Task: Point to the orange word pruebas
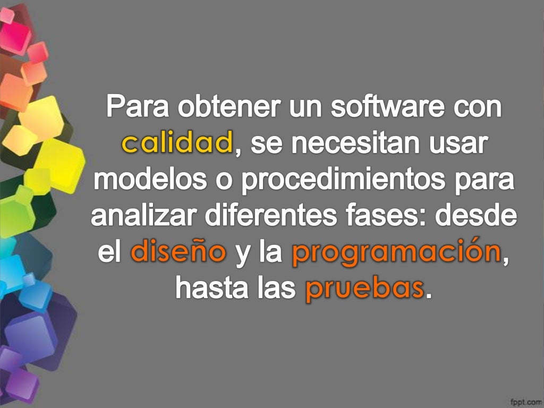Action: point(364,290)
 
